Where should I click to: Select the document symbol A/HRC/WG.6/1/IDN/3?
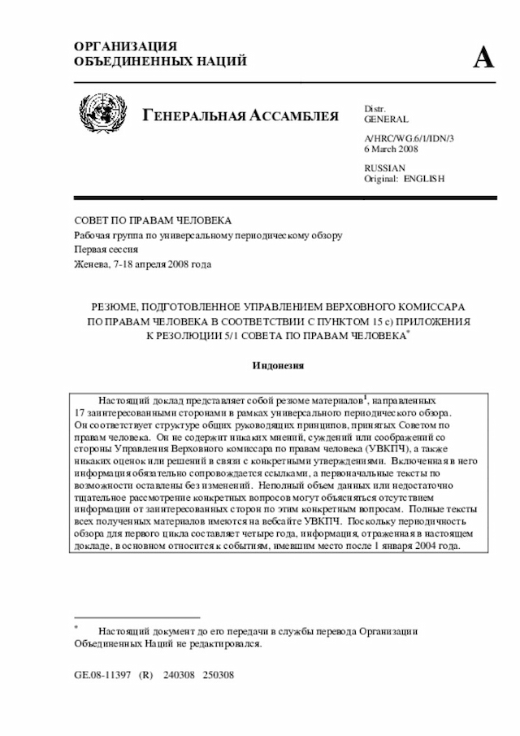pos(409,139)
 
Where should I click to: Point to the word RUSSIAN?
pos(383,168)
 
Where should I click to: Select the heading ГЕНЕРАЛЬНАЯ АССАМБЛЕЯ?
pos(240,115)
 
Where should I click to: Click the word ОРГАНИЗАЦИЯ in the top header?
pos(125,46)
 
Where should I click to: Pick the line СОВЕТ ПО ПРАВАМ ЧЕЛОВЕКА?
pos(153,220)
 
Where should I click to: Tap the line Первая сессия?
pos(106,250)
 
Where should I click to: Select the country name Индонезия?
pos(277,366)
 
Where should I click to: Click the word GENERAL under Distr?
pos(386,120)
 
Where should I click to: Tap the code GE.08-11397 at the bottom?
pos(102,675)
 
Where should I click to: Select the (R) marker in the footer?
pos(146,675)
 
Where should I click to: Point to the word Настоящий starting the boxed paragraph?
pos(123,401)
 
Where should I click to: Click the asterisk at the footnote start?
pos(76,626)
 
